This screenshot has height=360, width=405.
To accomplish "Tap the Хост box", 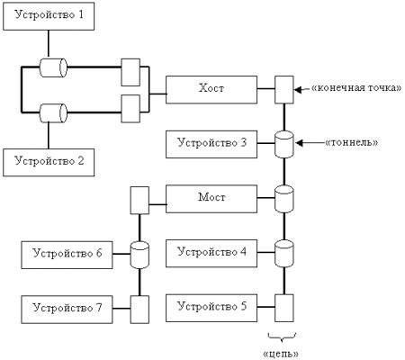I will click(211, 89).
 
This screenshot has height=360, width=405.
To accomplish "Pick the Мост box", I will click(211, 196).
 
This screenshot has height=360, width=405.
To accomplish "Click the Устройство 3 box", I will click(211, 143).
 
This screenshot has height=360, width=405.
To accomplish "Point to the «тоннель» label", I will click(355, 141).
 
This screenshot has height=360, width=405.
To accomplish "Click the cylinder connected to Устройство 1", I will click(52, 67).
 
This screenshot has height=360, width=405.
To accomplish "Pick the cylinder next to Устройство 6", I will click(140, 253).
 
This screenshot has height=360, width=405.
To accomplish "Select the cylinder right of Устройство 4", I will click(284, 253).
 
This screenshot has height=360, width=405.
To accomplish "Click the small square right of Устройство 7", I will click(139, 308).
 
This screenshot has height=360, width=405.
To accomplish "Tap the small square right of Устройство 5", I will click(284, 307).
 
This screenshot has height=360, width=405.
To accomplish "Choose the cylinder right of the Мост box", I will click(284, 197).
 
